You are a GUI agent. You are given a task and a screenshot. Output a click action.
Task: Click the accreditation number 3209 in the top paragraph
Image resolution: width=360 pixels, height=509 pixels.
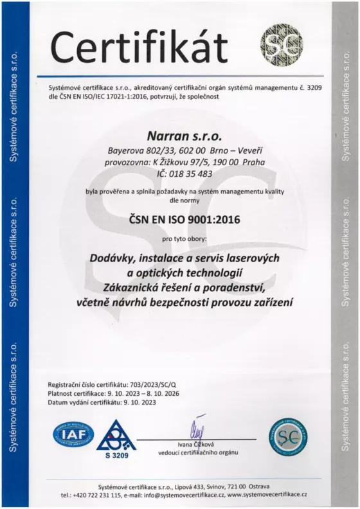(x=311, y=87)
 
